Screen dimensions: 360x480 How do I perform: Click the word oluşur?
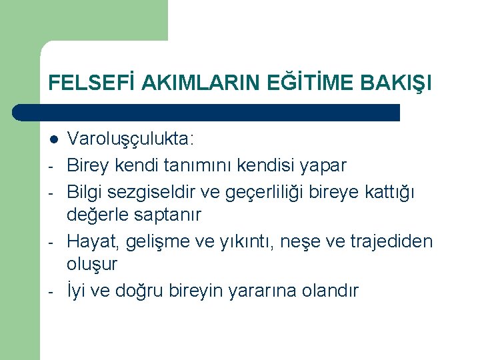click(92, 265)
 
